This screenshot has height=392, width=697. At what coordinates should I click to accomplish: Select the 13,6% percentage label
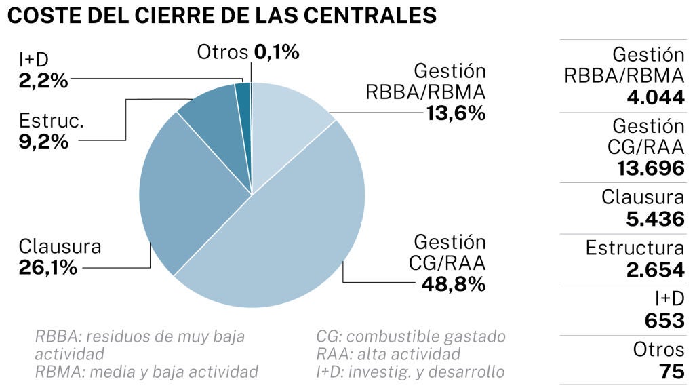click(x=456, y=113)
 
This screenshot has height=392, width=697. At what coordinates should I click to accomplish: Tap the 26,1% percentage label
click(x=47, y=267)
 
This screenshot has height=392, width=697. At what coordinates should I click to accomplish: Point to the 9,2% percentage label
click(x=43, y=142)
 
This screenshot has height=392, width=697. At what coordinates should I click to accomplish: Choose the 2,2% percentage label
click(x=43, y=81)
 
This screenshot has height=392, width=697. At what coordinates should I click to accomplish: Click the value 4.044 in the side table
click(x=656, y=97)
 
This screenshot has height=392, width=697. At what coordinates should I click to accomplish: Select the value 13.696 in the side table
click(x=651, y=168)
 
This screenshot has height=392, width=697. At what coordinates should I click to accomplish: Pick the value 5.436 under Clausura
click(x=656, y=219)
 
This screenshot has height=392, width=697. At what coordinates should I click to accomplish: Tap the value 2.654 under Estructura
click(x=656, y=269)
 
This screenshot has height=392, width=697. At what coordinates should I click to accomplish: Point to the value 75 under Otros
click(x=671, y=372)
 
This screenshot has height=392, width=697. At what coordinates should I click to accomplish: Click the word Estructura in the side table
click(x=635, y=248)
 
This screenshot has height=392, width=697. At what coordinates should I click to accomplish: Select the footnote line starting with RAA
click(x=389, y=354)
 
